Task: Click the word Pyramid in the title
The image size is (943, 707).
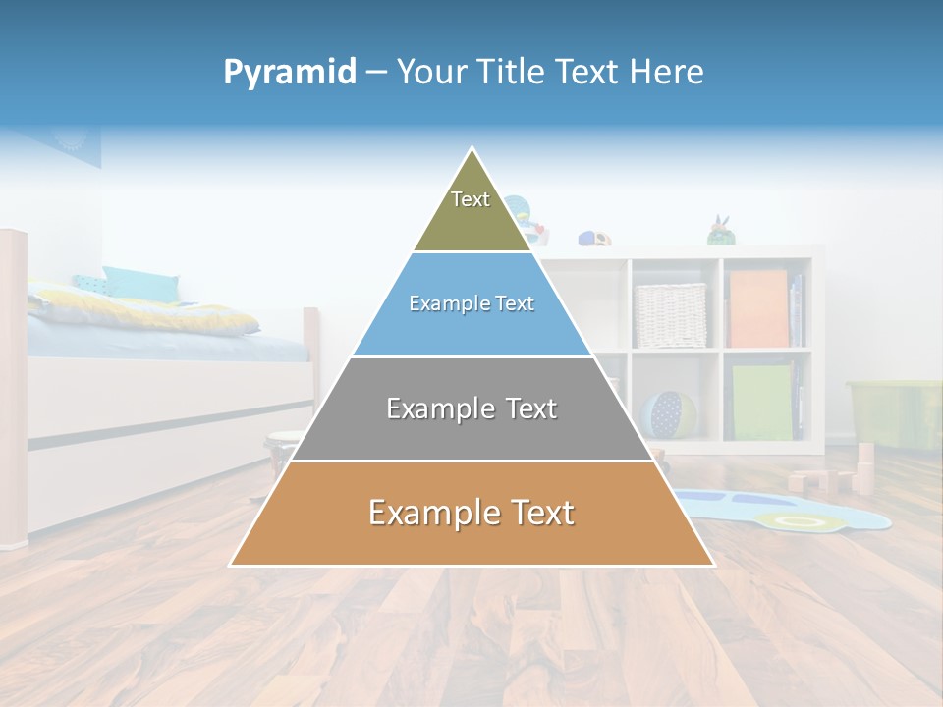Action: [289, 72]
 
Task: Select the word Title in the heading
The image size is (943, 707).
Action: [512, 72]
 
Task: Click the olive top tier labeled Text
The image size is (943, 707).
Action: [471, 211]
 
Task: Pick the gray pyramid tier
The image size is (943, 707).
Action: [471, 408]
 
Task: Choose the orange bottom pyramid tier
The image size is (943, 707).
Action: [471, 514]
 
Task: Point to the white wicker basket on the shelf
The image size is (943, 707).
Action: [670, 315]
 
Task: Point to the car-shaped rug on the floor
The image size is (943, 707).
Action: [786, 509]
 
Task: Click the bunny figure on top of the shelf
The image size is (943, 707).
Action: [722, 231]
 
